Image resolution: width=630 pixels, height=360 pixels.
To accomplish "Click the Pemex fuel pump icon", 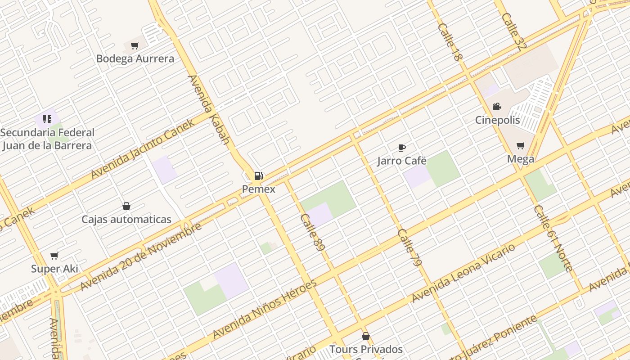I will pos(258,175).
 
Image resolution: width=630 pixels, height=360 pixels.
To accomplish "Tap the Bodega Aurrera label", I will pos(135,58).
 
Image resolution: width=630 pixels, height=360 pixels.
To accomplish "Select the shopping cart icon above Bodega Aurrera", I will pos(135,45).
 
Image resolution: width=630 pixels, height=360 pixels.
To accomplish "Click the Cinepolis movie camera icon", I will pos(497,107).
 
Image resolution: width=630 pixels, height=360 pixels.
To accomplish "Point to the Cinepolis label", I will pos(498,120).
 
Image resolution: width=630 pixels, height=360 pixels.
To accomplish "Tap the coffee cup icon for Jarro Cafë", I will pos(402,148).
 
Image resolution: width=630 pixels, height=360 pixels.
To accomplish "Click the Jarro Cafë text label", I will pos(402,161).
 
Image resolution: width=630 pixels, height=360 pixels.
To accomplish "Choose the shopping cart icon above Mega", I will pos(521,145).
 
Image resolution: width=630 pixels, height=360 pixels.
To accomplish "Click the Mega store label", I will pos(521,159).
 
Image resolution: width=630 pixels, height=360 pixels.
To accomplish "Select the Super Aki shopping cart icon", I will pos(54,256).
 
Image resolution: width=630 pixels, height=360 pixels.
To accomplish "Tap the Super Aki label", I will pos(54,269).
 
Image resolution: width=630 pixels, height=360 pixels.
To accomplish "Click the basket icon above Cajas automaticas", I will pos(126,206).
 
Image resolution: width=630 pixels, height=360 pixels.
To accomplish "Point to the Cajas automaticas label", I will pos(126,220).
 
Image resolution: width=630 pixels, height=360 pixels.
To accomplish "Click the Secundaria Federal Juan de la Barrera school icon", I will pos(47,119).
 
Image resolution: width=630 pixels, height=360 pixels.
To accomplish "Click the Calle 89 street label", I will pos(312,232).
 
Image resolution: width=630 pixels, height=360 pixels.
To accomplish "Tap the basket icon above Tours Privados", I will pos(366,336).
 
